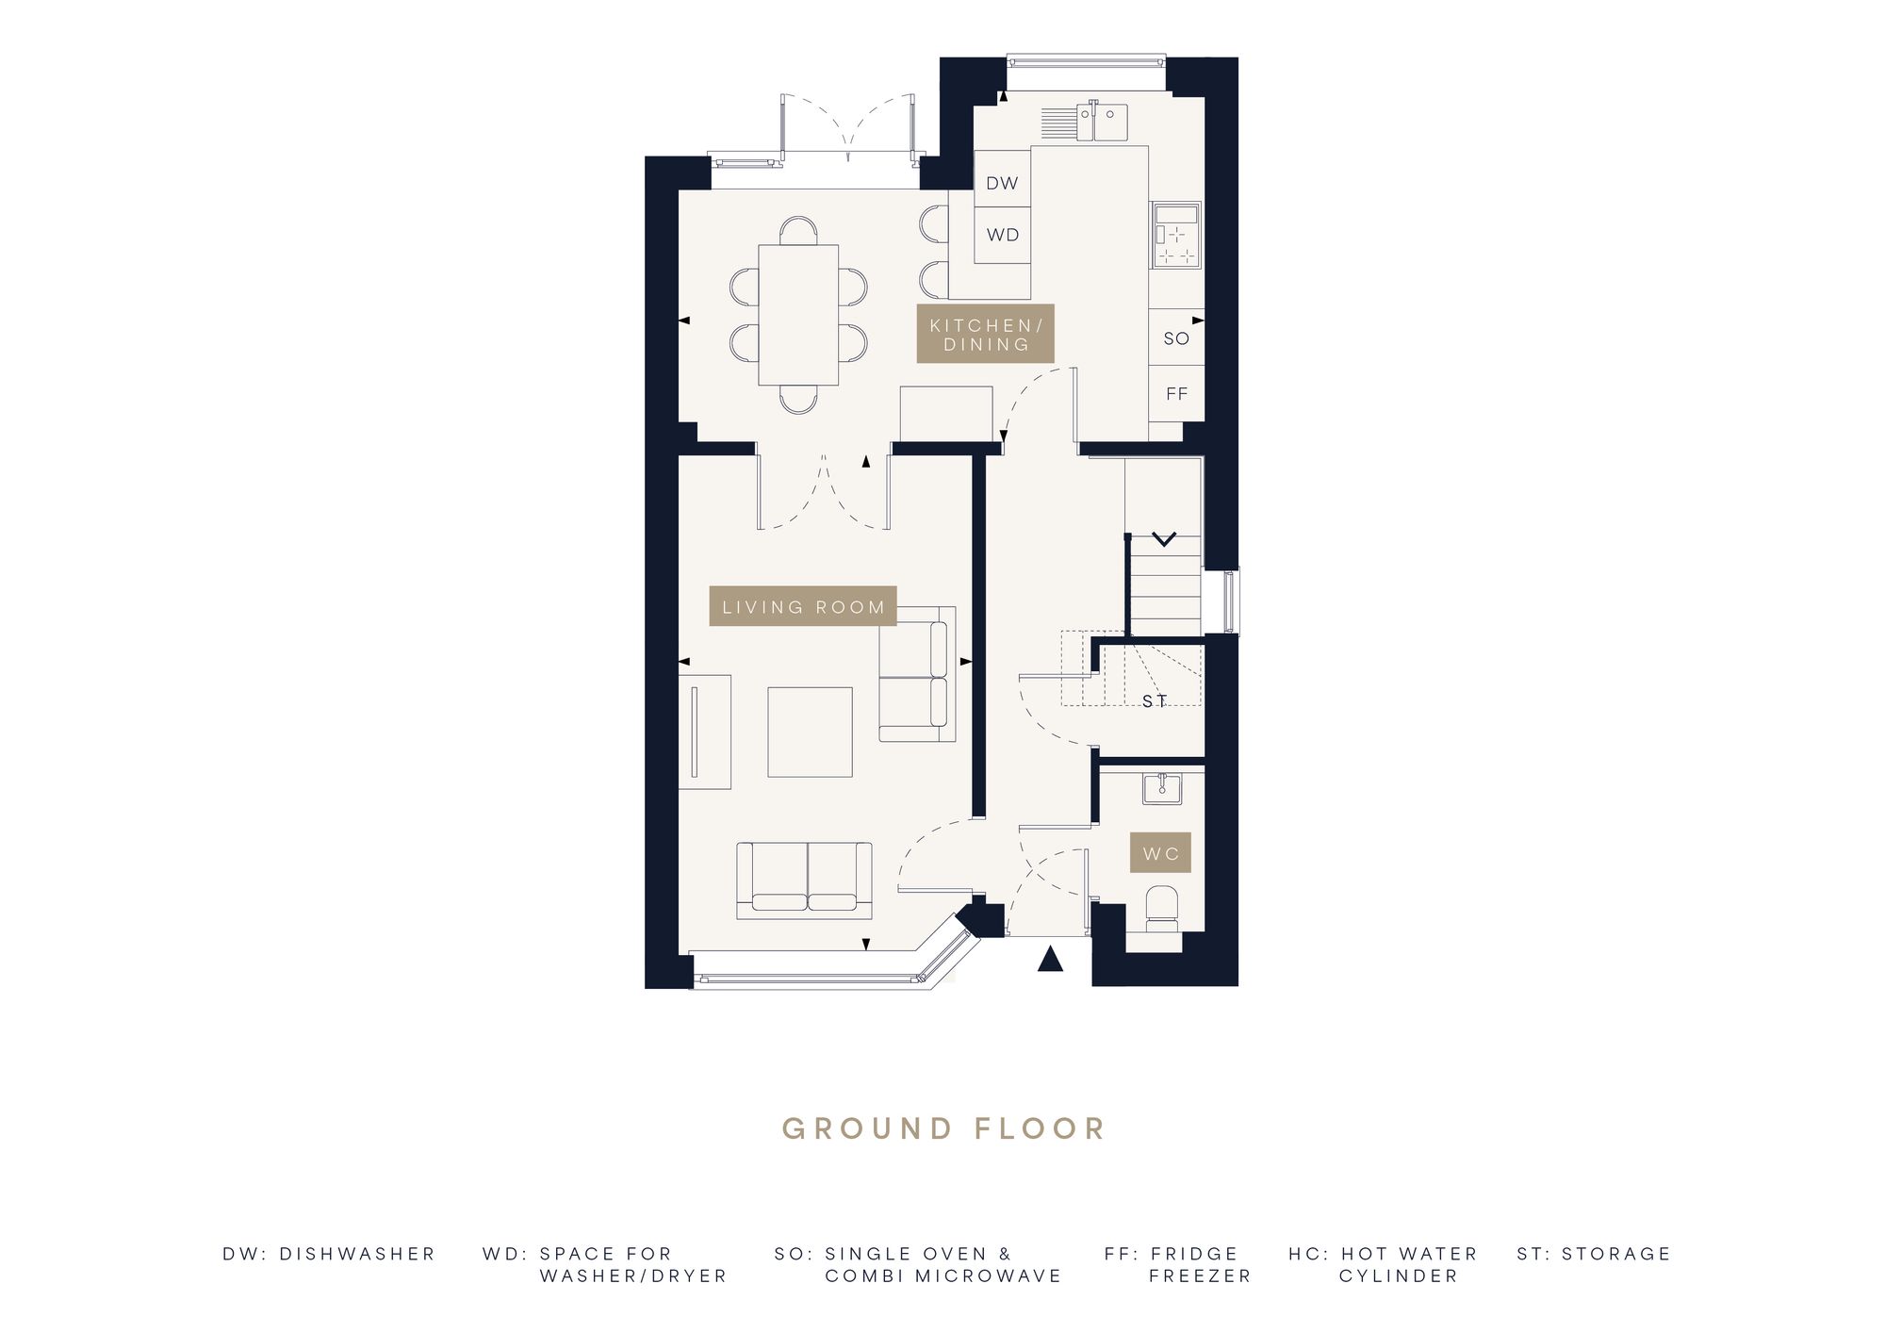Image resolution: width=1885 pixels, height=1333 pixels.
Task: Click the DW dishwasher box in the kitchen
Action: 1002,183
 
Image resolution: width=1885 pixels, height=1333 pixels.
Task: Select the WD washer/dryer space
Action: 1002,235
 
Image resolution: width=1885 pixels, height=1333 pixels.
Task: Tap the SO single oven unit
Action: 1176,337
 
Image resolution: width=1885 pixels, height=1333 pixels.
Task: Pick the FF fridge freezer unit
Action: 1176,393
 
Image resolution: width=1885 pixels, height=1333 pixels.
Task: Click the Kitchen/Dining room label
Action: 986,334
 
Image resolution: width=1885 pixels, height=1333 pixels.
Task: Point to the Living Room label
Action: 803,607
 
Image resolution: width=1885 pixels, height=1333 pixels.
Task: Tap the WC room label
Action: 1161,853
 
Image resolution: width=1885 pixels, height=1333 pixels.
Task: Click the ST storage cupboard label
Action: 1155,700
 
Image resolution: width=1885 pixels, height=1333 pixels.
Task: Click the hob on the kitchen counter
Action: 1175,235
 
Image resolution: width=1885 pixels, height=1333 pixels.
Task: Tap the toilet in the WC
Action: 1160,907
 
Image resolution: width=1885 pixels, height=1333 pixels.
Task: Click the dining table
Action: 798,315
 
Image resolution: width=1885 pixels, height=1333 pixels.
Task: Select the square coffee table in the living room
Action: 810,732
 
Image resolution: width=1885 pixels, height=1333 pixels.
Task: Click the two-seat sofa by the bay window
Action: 804,880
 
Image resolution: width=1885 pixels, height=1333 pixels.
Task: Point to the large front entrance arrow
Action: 1050,959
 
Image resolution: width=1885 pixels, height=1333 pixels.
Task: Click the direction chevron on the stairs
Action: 1164,539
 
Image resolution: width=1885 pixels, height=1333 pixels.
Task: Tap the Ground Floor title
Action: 943,1128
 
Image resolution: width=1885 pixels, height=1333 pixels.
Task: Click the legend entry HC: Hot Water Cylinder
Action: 1383,1264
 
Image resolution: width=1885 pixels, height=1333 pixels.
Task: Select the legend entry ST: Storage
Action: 1594,1254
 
